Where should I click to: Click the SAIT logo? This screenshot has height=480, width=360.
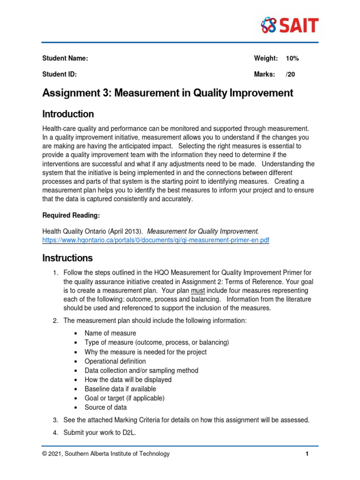[x=290, y=25]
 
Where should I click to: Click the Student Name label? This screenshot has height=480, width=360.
[x=65, y=59]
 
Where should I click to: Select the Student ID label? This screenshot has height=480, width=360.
[x=60, y=74]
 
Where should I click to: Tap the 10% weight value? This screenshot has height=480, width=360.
[x=292, y=59]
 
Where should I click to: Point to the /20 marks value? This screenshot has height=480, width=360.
[x=290, y=74]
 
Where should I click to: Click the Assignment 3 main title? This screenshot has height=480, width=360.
[x=167, y=93]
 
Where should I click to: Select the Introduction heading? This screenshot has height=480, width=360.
[x=68, y=114]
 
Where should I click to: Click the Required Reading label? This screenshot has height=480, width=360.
[x=71, y=215]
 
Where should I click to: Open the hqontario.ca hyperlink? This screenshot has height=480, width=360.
[x=156, y=240]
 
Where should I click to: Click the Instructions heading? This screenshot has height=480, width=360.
[x=67, y=258]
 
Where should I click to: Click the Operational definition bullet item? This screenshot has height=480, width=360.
[x=115, y=361]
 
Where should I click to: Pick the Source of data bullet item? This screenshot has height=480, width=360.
[x=105, y=407]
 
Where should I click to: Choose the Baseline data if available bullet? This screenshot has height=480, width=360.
[x=120, y=389]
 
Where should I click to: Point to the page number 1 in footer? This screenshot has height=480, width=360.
[x=307, y=454]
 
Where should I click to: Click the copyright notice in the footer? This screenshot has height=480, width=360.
[x=106, y=454]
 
